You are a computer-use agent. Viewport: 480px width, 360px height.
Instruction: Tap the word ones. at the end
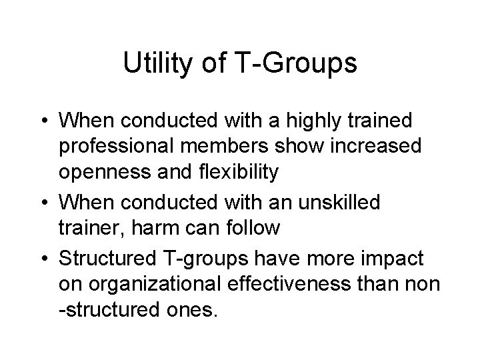191,310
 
